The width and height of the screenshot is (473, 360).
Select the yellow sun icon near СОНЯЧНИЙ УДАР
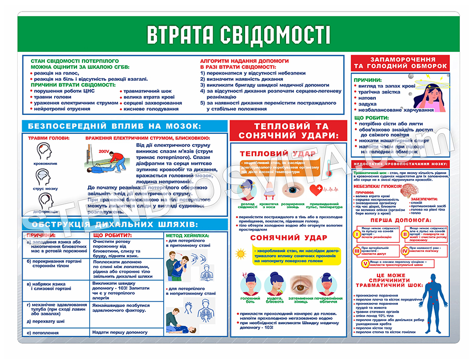click(x=241, y=253)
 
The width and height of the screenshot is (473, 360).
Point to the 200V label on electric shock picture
click(x=103, y=151)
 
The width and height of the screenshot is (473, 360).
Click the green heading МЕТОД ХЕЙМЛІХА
click(x=188, y=235)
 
